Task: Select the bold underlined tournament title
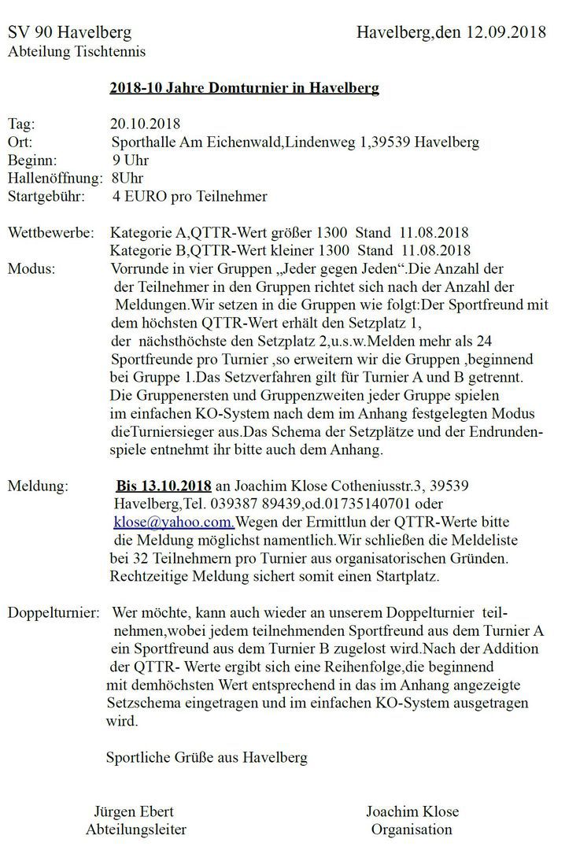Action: pyautogui.click(x=244, y=87)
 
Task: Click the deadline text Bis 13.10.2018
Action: pyautogui.click(x=164, y=484)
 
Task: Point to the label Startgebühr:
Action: pyautogui.click(x=46, y=197)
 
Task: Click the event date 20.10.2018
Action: pyautogui.click(x=146, y=124)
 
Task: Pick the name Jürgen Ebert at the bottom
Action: pyautogui.click(x=134, y=811)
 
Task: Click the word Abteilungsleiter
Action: pyautogui.click(x=136, y=829)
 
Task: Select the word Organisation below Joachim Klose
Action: pyautogui.click(x=412, y=829)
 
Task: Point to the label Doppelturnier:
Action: pyautogui.click(x=54, y=612)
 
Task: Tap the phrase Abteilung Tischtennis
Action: pyautogui.click(x=69, y=52)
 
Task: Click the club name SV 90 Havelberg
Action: pyautogui.click(x=70, y=32)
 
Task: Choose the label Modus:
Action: pyautogui.click(x=31, y=269)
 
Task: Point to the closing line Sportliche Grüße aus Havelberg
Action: pyautogui.click(x=206, y=758)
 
